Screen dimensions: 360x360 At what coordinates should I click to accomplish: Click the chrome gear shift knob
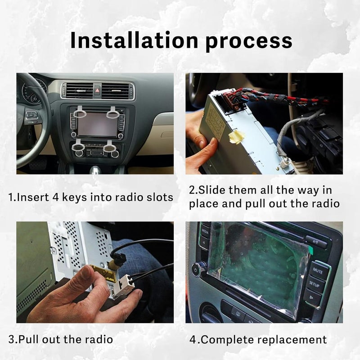(x=95, y=169)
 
